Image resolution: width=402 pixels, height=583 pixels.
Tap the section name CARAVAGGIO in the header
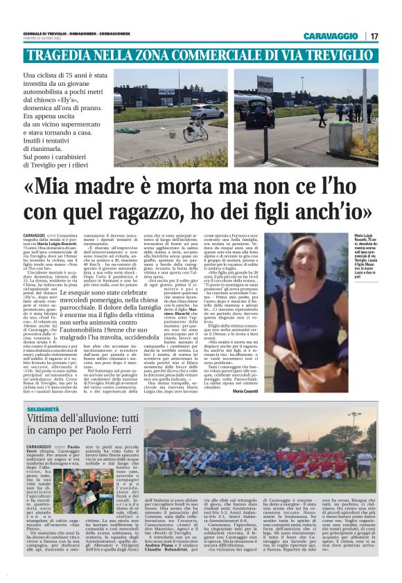(329, 36)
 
